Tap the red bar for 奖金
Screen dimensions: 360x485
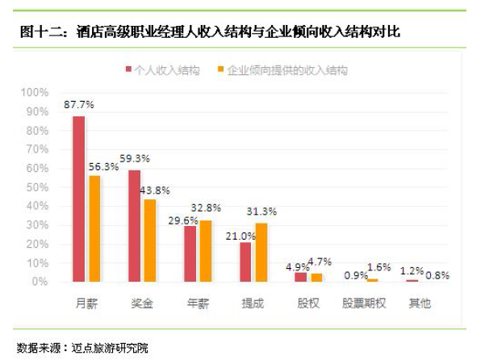[135, 226]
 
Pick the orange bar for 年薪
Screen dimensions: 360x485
[206, 251]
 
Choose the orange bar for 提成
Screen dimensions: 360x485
[261, 252]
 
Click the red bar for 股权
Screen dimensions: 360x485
[301, 277]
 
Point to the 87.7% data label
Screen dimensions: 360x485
[79, 105]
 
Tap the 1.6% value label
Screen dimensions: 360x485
[378, 266]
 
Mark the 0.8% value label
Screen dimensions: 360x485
[438, 274]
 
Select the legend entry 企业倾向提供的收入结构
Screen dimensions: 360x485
[282, 70]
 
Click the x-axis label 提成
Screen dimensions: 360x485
[253, 303]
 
